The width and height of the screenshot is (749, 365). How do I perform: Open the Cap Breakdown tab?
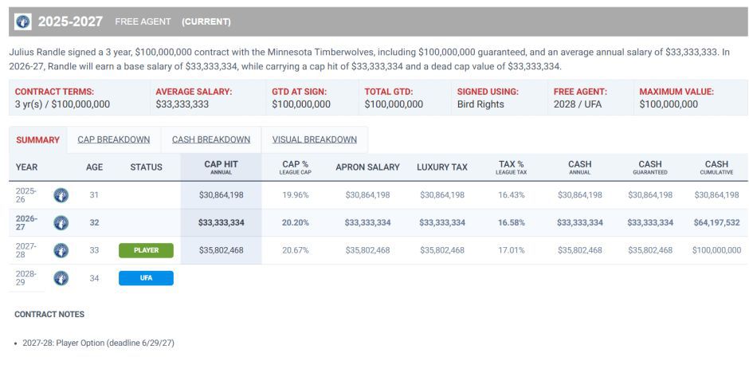pos(114,139)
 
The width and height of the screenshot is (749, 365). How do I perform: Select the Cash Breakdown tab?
pos(211,139)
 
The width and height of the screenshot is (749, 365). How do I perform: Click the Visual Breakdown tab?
pos(314,139)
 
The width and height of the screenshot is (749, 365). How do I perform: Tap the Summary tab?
pos(37,140)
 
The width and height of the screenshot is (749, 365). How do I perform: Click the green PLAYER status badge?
pos(146,250)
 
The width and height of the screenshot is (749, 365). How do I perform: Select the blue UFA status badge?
pos(146,278)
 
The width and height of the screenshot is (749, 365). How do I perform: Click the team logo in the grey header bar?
pos(23,22)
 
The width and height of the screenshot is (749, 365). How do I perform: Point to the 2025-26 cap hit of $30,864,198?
pos(222,195)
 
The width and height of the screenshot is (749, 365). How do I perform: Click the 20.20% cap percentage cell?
pos(295,222)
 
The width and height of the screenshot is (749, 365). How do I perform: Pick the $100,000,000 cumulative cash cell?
pos(716,250)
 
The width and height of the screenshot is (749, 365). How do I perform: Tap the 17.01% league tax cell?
pos(511,250)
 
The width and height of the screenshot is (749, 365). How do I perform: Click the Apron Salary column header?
pos(367,167)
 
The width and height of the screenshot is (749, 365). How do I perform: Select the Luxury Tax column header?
pos(442,167)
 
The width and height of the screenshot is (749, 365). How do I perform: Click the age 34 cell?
pos(95,278)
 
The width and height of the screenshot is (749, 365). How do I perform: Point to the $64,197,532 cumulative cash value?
pos(717,222)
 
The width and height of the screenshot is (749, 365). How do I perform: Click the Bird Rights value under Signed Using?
pos(480,104)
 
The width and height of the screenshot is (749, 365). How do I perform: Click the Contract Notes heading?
pos(49,314)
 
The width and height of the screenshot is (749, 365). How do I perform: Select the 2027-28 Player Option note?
pos(98,343)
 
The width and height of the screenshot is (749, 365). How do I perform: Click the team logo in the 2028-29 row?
pos(61,278)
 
